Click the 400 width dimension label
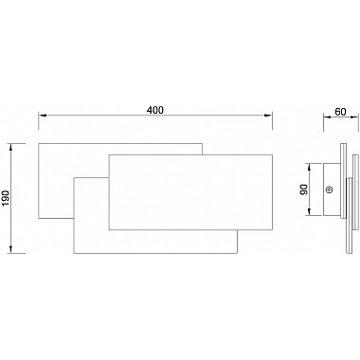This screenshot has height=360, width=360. (155, 110)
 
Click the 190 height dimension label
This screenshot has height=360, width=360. (7, 199)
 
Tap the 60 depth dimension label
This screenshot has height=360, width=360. (340, 112)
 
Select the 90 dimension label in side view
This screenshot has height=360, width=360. (304, 189)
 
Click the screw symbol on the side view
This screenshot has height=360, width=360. (330, 189)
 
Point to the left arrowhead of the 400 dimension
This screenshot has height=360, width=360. (43, 116)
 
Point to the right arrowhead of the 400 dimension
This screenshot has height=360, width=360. (268, 116)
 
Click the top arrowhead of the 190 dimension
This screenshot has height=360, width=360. (11, 148)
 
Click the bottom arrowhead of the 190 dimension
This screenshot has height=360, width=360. (11, 248)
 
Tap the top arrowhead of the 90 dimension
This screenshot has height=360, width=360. (310, 168)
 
